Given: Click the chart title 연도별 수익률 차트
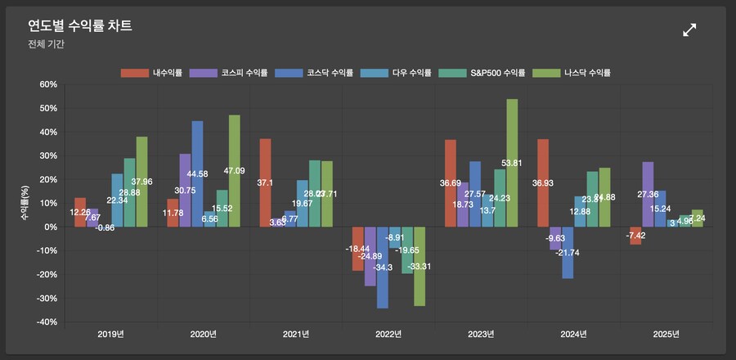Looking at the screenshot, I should pos(80,26).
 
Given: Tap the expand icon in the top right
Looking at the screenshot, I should pos(689,30).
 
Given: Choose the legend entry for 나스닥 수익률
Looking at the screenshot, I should pos(572,73).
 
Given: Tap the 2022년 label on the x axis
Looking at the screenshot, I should pos(388,335).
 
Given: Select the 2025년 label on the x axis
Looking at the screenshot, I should pos(666,335).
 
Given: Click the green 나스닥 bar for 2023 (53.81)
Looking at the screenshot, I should pos(513,163).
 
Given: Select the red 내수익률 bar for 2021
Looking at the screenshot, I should pos(265,182).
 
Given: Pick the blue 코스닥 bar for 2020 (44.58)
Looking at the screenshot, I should pos(197,173).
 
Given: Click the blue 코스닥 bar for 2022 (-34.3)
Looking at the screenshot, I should pos(383,268).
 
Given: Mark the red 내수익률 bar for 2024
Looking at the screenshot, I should pos(542,182).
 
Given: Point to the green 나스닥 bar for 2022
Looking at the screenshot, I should pos(420,266).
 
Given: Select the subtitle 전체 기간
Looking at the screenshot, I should pos(46,44).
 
